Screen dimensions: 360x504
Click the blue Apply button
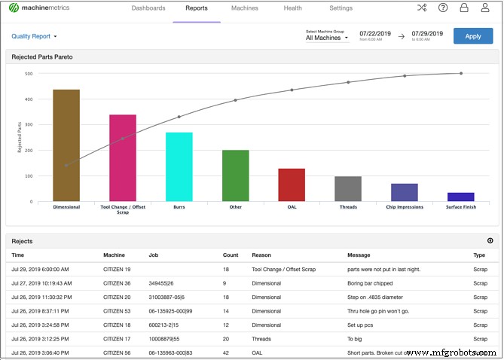[472, 36]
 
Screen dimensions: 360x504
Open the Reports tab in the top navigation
[196, 8]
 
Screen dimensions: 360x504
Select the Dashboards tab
[148, 8]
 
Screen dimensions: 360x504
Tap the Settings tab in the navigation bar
[341, 8]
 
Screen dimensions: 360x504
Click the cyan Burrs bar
[179, 166]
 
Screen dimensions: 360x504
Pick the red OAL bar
[292, 185]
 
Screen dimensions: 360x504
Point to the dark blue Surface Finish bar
[460, 197]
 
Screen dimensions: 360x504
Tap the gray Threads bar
[348, 188]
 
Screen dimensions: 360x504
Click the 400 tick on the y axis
[28, 99]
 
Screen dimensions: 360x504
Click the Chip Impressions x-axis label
[404, 207]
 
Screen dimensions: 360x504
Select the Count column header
[231, 255]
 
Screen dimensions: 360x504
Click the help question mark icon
[443, 8]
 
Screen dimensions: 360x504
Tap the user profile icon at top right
[485, 8]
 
